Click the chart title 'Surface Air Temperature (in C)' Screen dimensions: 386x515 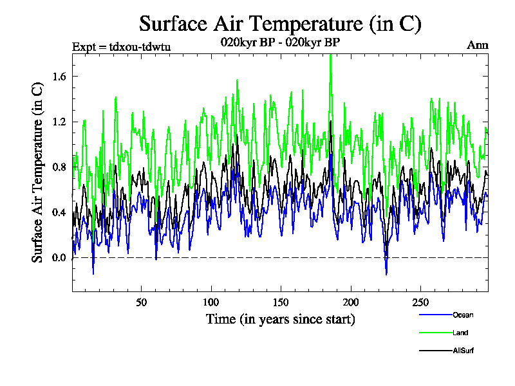[280, 24]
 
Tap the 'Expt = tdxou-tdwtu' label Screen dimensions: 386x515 [121, 46]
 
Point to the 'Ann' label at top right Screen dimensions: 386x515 [478, 46]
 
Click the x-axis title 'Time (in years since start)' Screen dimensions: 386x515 [280, 319]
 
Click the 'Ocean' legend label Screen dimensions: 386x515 [462, 315]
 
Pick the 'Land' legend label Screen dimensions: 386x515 [460, 333]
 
